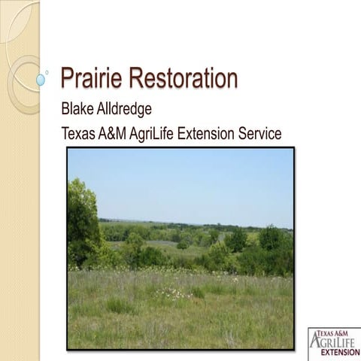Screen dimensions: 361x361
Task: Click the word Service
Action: point(262,134)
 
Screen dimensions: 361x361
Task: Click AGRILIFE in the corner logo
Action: point(335,342)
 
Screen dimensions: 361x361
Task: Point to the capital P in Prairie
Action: point(68,78)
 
